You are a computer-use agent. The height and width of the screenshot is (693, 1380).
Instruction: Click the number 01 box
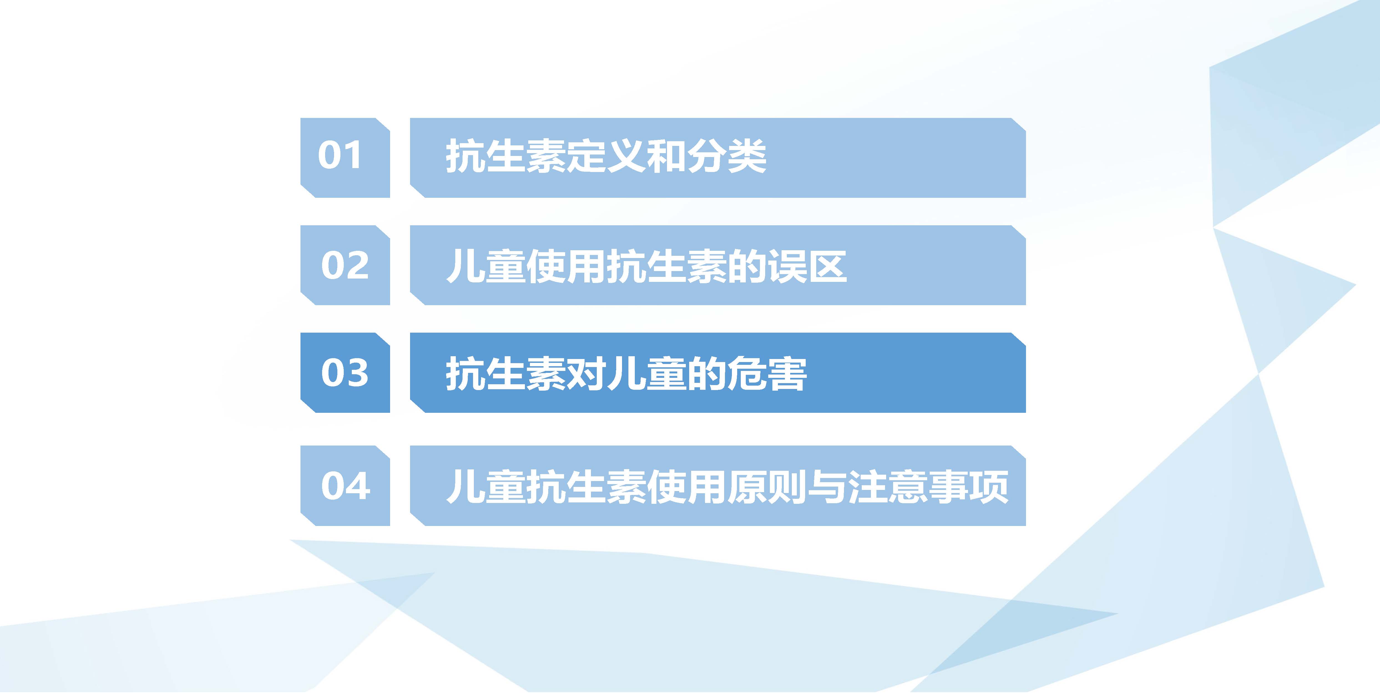(345, 158)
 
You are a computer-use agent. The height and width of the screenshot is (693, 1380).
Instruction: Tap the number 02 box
(345, 265)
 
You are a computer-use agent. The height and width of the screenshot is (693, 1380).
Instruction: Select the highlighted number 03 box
(345, 373)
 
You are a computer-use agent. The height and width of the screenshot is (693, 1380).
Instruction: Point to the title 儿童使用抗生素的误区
(647, 266)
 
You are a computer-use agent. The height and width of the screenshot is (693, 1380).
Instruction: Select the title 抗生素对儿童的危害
(626, 373)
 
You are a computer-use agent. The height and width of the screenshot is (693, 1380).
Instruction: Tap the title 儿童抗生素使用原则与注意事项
(727, 486)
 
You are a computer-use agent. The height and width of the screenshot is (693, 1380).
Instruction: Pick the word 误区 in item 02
(807, 266)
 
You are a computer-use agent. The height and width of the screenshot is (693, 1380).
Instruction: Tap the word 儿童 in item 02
(486, 266)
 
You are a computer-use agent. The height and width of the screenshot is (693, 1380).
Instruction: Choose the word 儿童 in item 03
(647, 373)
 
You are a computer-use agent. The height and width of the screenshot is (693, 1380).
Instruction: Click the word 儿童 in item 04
(486, 486)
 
